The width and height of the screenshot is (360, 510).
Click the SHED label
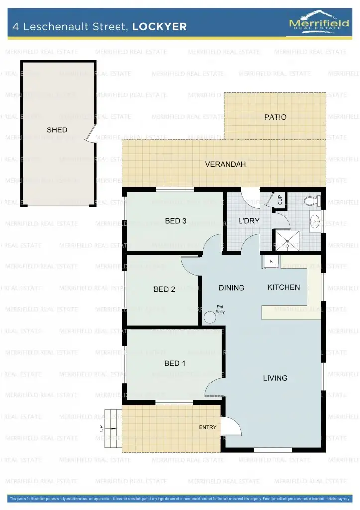57,130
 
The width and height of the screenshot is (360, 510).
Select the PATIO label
275,117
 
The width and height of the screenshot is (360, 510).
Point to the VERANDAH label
226,164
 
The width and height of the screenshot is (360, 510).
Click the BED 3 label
175,221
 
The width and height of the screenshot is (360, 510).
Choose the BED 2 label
164,289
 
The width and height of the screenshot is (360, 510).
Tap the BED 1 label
175,363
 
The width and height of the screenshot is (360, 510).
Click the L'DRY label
249,221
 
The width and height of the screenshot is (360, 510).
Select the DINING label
232,287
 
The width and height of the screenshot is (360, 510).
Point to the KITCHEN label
284,287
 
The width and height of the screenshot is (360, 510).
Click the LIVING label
275,378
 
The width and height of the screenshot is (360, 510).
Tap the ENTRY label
208,427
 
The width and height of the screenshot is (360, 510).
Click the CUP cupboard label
280,200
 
